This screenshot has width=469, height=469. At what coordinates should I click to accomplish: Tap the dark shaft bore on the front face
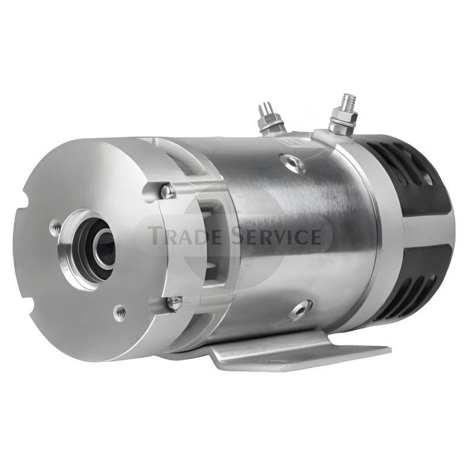click(107, 249)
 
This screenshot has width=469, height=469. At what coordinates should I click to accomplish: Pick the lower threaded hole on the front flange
click(120, 312)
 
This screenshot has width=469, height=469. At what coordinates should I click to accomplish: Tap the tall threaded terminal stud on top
click(343, 113)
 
